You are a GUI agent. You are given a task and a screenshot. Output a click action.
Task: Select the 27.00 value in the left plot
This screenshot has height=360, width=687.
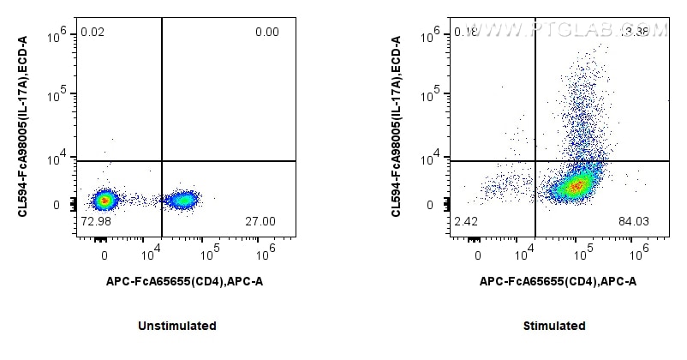pos(260,221)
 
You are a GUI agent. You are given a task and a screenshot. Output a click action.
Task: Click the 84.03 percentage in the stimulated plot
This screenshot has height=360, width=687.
pos(634,221)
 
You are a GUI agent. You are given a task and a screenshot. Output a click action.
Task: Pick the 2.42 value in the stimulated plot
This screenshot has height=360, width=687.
pos(464,221)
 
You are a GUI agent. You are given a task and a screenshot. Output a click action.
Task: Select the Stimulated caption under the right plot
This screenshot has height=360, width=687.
pos(554,326)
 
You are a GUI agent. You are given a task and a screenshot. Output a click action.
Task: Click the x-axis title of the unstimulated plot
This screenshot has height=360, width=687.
pos(184,280)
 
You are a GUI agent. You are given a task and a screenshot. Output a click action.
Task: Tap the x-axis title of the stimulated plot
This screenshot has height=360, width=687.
pos(558,280)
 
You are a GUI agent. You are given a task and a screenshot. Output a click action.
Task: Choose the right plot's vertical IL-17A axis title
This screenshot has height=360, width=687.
pos(397,126)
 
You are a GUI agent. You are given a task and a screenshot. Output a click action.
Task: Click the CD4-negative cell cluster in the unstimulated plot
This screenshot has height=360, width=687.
pos(105,201)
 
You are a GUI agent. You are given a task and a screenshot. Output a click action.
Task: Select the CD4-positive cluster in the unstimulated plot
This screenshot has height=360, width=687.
pos(182,201)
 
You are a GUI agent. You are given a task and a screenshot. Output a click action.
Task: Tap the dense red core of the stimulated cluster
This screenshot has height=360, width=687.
pos(576,184)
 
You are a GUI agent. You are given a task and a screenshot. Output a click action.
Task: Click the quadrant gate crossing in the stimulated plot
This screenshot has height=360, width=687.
pos(535,160)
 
